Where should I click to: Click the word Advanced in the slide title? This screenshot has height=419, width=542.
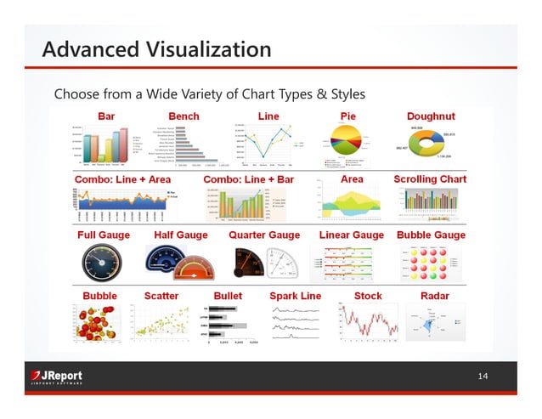[88, 48]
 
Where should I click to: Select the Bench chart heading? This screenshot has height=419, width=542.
[184, 115]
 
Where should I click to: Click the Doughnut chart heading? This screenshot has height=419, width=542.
[431, 115]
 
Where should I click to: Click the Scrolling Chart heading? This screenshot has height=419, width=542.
[430, 179]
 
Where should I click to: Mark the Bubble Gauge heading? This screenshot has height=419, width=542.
[432, 235]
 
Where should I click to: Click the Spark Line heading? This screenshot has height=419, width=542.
[295, 295]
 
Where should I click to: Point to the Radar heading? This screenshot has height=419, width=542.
[435, 295]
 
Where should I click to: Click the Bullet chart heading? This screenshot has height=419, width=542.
[228, 295]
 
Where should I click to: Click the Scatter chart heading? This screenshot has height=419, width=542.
[161, 295]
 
